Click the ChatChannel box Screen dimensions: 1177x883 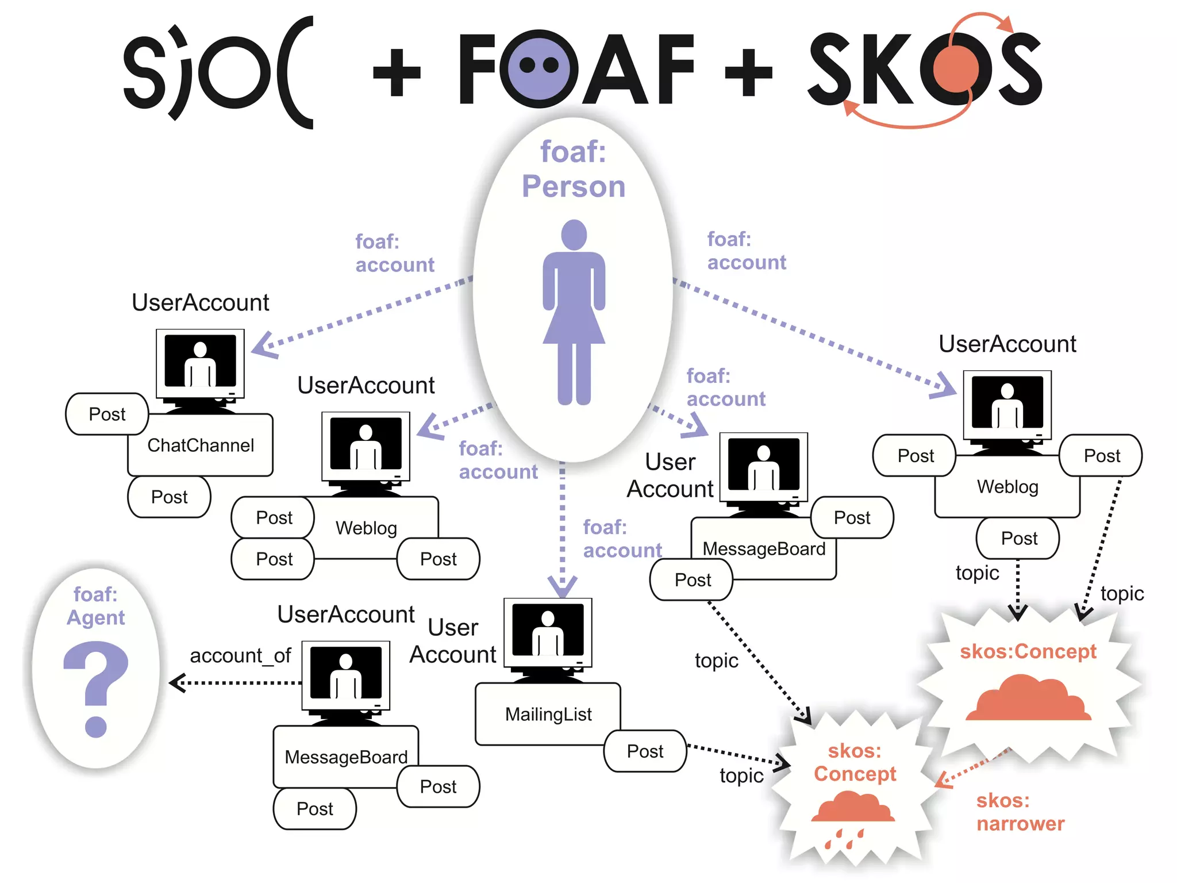200,445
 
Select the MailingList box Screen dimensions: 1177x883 548,714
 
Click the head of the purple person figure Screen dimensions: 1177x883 574,235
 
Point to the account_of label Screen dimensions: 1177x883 240,655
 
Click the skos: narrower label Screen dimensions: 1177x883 1020,812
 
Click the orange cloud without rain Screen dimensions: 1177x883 1028,698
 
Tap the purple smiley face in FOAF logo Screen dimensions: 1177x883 539,68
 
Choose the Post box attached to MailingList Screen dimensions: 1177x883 645,751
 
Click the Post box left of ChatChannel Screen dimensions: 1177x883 107,414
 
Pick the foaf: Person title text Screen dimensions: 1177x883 574,169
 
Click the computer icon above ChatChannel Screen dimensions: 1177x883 200,368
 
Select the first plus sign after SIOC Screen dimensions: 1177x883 397,72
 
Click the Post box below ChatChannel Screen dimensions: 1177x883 169,497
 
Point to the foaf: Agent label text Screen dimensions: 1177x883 95,606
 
